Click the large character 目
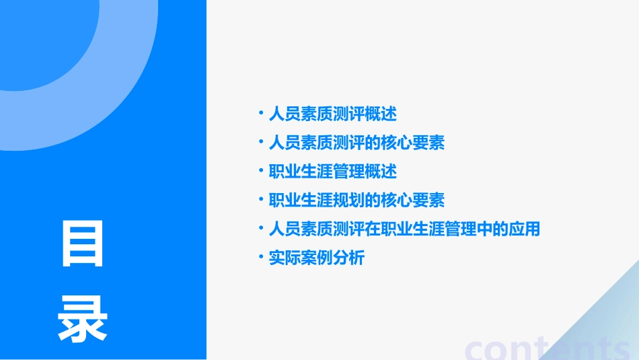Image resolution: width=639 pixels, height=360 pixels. pos(83,244)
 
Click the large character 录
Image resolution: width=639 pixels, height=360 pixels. pos(83,318)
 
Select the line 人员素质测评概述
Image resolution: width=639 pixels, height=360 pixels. pos(332,114)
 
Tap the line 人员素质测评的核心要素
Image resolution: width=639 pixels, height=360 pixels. pos(356,143)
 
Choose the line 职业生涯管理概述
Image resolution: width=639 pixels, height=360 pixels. pos(332,172)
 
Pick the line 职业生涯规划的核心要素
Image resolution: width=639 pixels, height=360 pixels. pos(356,201)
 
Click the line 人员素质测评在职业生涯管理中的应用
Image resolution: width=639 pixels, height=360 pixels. pos(404,229)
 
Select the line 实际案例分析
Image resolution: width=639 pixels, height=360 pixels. pos(316,258)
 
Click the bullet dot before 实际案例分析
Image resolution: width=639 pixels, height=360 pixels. pos(261,256)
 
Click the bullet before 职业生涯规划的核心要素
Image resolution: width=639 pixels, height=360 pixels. pos(261,199)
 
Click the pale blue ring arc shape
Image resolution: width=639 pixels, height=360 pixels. pos(128,101)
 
